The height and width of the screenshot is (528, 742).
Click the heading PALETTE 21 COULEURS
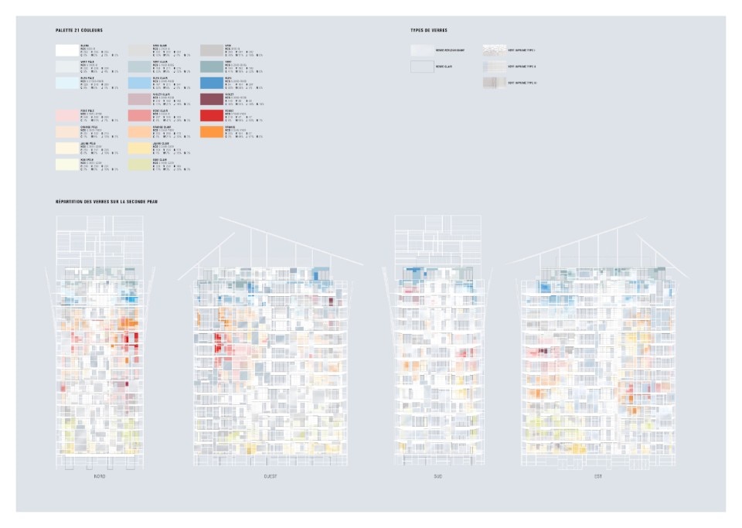click(x=79, y=30)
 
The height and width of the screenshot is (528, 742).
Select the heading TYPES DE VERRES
click(x=428, y=30)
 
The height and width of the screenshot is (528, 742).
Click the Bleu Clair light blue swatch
click(x=139, y=83)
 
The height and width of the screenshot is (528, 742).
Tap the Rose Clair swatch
click(x=139, y=115)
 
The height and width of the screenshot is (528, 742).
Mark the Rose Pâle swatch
click(x=66, y=115)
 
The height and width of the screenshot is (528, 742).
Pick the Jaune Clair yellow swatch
click(x=139, y=148)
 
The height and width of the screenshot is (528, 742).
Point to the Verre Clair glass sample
click(x=421, y=66)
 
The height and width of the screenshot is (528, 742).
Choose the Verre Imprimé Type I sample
click(x=493, y=50)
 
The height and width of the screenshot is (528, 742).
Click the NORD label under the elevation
click(x=99, y=476)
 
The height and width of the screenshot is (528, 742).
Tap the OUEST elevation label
click(x=270, y=476)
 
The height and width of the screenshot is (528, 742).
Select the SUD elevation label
click(x=437, y=476)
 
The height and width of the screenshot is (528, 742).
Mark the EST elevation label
click(x=597, y=476)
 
